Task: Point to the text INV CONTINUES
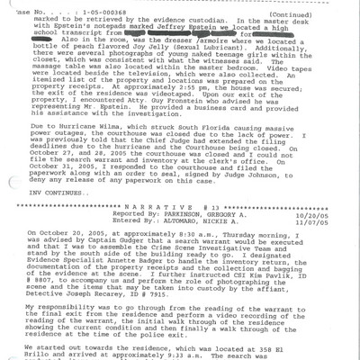pos(57,190)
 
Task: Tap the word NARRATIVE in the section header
pos(144,204)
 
